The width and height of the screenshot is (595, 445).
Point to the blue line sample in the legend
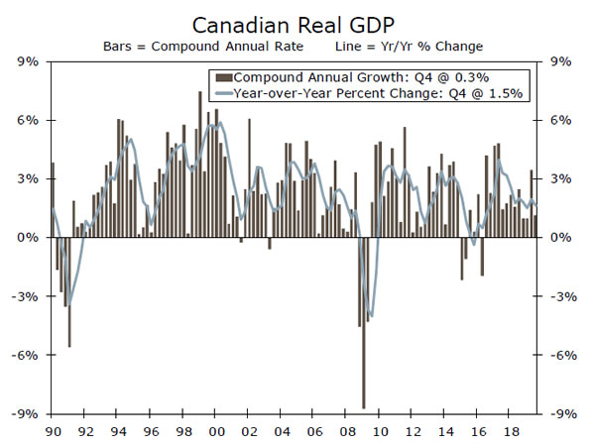point(223,93)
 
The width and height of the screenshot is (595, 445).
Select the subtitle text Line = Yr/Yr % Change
point(411,46)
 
